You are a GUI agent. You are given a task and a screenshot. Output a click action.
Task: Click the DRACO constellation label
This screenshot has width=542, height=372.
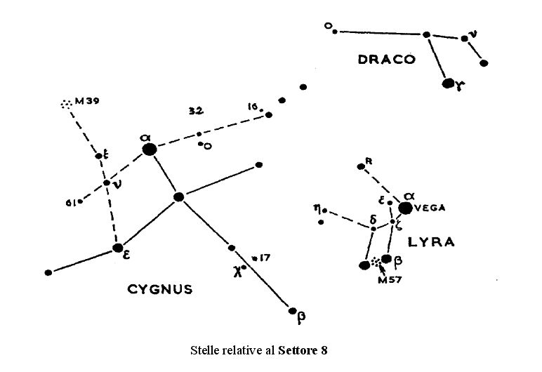pos(386,60)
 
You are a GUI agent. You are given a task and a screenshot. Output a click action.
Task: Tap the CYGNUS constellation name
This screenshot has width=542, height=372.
pos(161,288)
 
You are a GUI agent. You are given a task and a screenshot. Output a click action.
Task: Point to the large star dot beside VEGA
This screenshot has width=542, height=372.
pos(405,208)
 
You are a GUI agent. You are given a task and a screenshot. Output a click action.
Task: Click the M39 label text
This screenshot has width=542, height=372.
pos(88,101)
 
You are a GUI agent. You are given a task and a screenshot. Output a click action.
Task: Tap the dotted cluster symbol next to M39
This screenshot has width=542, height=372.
pos(66,104)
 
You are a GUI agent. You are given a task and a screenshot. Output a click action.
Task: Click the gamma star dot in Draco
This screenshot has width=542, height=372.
pos(449,84)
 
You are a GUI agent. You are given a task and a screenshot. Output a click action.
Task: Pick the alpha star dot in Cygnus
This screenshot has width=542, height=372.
pos(148,149)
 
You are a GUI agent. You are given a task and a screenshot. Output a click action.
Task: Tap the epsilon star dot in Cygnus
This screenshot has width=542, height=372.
pos(118,247)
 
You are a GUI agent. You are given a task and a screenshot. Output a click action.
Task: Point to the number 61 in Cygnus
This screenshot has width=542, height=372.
pos(70,203)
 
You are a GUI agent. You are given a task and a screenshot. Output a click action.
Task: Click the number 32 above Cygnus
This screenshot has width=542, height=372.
pos(196,111)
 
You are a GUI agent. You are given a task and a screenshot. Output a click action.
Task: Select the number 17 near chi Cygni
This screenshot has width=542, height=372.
pos(265,258)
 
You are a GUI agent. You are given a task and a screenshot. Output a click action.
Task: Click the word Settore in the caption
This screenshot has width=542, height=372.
pos(298,350)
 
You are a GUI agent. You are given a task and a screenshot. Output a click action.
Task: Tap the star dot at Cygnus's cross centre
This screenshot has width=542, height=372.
pos(179,197)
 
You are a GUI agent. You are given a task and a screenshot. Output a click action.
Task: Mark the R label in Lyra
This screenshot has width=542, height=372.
pos(369,161)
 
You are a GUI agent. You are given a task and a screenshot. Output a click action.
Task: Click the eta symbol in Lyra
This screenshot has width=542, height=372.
pos(317,208)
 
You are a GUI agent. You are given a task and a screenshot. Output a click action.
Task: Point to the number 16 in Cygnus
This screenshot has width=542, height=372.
pos(253,107)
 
